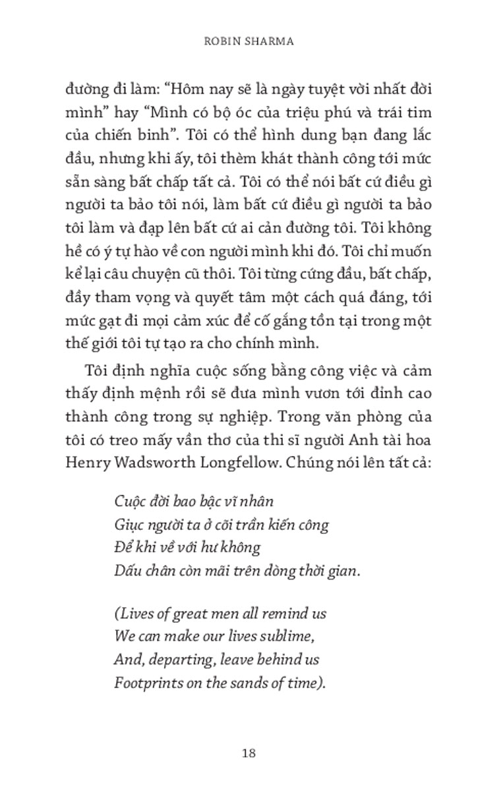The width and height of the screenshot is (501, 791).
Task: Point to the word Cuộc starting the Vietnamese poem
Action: tap(127, 502)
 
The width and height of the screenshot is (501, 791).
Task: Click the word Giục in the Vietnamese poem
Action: tap(127, 525)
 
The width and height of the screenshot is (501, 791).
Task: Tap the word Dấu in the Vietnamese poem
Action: tap(125, 571)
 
